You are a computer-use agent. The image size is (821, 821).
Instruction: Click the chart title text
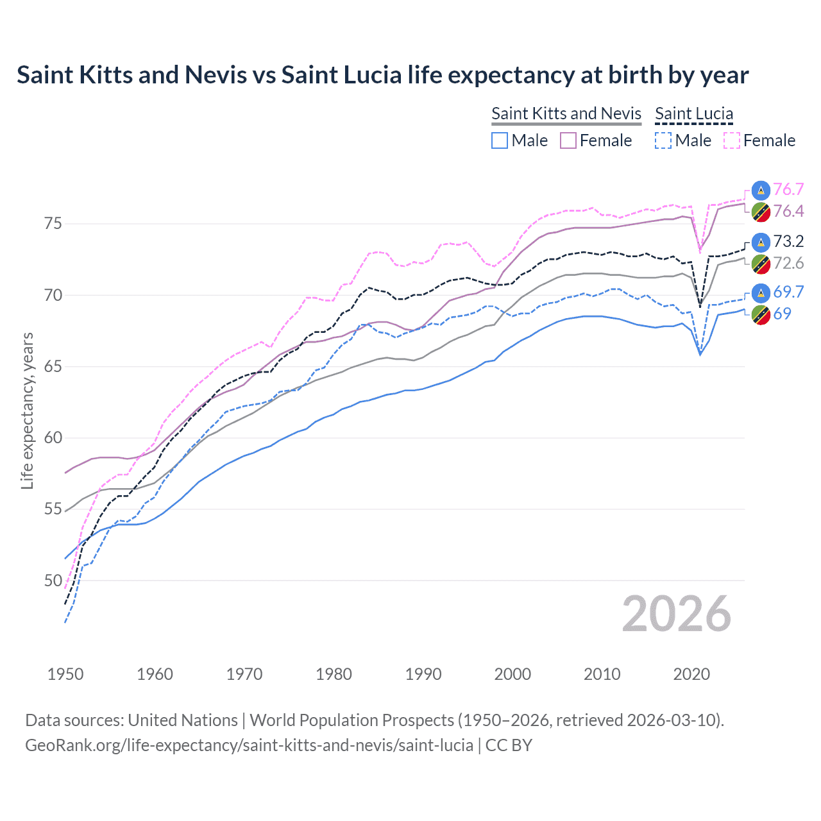[x=382, y=75]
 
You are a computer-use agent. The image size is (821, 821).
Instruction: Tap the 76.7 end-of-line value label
[x=788, y=189]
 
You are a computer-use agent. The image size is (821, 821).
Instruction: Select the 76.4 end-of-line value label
[x=788, y=211]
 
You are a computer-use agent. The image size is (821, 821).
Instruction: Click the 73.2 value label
[x=788, y=241]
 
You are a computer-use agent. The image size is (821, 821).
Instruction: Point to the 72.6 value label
[x=788, y=263]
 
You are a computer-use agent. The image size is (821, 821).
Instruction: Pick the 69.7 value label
[x=788, y=292]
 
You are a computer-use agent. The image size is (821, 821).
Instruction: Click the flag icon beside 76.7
[x=761, y=189]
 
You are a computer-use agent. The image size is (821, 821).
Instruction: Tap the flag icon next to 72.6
[x=761, y=263]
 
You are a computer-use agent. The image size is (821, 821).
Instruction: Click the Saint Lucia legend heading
[x=694, y=114]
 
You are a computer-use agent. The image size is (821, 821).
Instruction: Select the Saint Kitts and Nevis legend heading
[x=566, y=114]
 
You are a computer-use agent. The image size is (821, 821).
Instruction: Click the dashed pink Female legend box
[x=732, y=140]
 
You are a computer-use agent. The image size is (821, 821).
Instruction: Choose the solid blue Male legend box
[x=500, y=140]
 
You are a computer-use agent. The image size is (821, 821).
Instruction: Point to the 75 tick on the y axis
[x=53, y=224]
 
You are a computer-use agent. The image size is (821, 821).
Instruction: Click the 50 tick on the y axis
[x=53, y=580]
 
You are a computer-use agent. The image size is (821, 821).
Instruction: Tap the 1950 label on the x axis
[x=65, y=674]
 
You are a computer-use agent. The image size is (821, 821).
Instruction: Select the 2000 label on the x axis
[x=512, y=674]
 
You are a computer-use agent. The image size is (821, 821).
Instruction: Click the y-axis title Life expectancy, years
[x=27, y=410]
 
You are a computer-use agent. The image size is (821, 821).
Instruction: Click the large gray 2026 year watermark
[x=676, y=614]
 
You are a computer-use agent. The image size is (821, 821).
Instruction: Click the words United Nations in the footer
[x=183, y=720]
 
